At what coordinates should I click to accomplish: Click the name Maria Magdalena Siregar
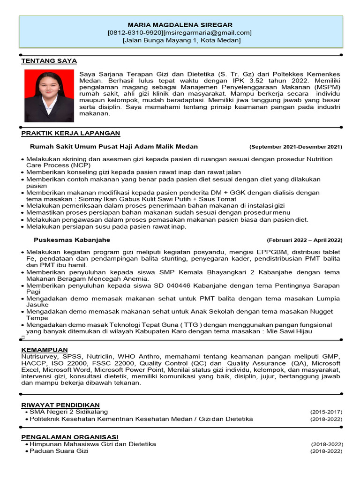click(180, 24)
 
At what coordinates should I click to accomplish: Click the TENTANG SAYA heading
click(49, 61)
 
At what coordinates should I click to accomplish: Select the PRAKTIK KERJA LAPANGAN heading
click(71, 133)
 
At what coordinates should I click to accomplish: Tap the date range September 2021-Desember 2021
click(296, 147)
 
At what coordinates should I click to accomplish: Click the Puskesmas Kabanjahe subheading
click(72, 240)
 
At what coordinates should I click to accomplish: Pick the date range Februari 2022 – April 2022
click(305, 240)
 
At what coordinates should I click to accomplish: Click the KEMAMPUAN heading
click(45, 350)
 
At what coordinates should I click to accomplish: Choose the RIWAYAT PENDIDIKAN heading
click(60, 405)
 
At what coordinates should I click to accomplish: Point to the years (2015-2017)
click(326, 412)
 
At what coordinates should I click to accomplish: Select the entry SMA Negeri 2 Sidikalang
click(68, 412)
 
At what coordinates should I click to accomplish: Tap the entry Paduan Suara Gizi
click(59, 451)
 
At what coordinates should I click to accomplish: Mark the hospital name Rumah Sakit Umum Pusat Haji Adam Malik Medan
click(114, 146)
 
